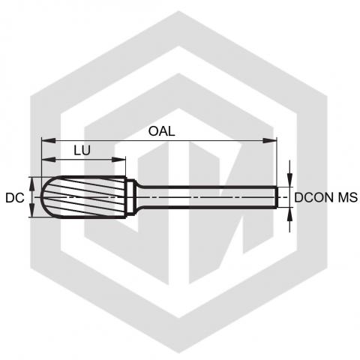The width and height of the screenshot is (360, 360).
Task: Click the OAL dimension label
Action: [161, 131]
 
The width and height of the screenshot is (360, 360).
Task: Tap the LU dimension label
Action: [82, 150]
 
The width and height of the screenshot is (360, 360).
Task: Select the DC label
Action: [15, 198]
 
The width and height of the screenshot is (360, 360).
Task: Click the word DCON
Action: [315, 197]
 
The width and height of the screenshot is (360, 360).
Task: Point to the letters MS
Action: [348, 197]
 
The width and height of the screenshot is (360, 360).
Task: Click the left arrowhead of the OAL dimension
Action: [49, 141]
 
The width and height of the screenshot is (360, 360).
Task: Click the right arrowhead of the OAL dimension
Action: [270, 141]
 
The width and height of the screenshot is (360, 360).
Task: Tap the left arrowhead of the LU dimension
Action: [49, 160]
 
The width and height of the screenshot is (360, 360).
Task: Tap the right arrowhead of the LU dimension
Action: [118, 160]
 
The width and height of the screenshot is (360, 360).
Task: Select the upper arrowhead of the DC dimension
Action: [32, 184]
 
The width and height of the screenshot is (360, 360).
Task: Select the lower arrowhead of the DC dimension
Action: [32, 211]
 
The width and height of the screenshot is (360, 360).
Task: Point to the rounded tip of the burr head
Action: [41, 197]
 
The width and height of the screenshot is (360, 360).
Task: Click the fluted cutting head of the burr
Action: [84, 197]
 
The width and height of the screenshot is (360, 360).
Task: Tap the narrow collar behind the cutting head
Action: [130, 197]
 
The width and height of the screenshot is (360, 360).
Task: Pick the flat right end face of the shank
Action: [277, 197]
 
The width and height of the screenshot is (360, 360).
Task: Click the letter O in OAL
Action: [153, 131]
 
